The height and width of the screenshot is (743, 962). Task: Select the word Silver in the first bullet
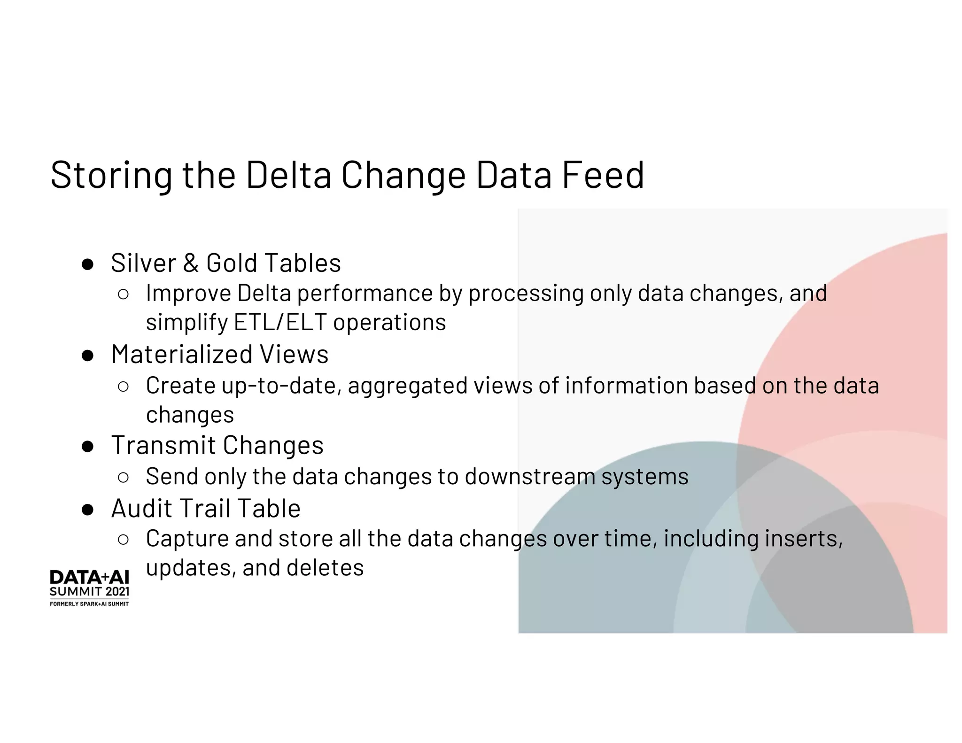[x=143, y=263]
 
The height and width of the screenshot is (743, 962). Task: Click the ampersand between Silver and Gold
[x=191, y=263]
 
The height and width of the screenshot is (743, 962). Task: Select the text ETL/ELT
[x=280, y=323]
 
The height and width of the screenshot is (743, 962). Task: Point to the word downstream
[x=529, y=477]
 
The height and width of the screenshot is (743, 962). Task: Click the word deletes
[x=325, y=568]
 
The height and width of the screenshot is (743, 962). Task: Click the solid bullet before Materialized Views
[x=87, y=356]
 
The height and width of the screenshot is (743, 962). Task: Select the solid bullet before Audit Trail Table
[x=87, y=510]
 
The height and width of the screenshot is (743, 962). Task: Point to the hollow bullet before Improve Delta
[x=123, y=294]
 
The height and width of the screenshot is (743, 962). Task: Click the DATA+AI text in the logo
[x=89, y=577]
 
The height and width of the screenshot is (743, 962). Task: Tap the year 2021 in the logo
[x=117, y=592]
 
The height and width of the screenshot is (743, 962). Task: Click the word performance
[x=365, y=294]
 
